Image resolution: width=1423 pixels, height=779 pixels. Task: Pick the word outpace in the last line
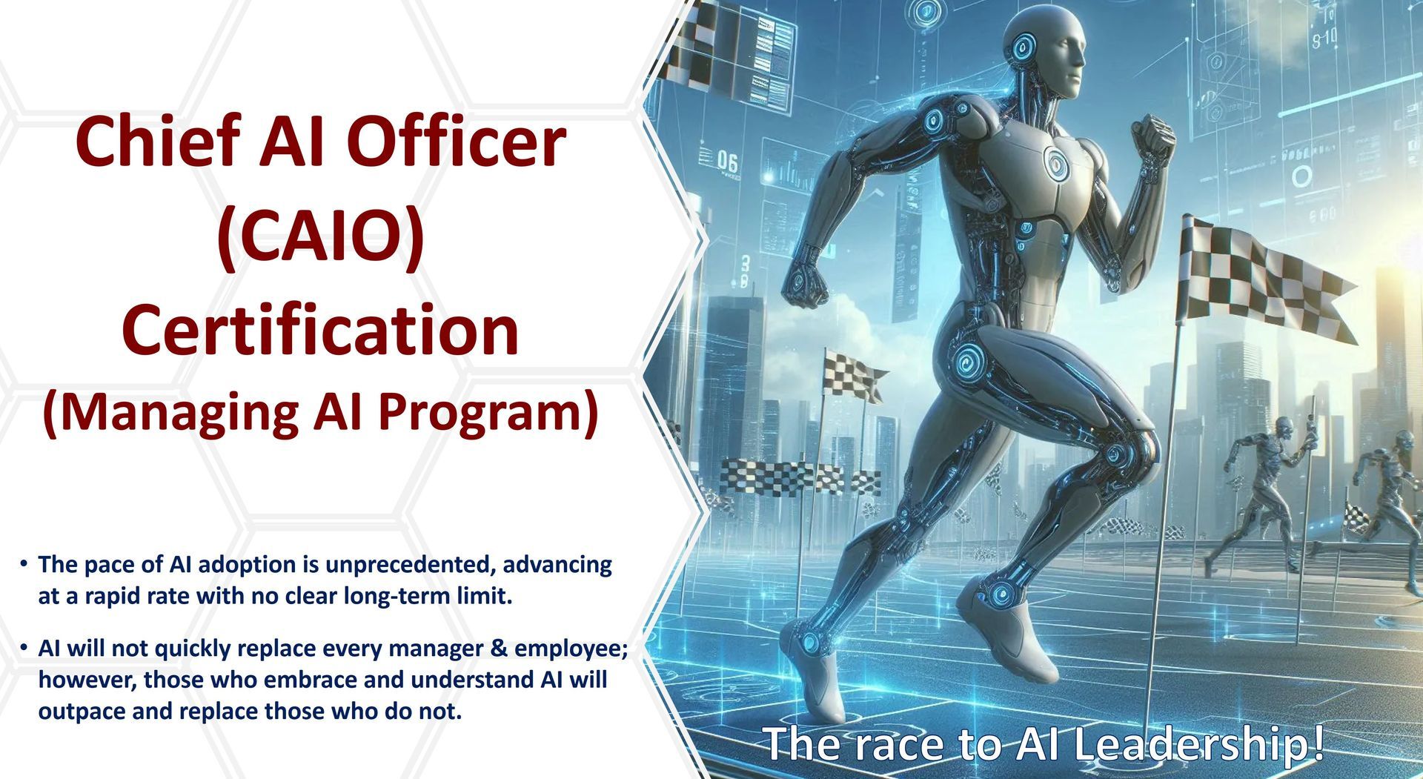click(81, 712)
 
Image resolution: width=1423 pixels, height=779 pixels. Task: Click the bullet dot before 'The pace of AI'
click(24, 565)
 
